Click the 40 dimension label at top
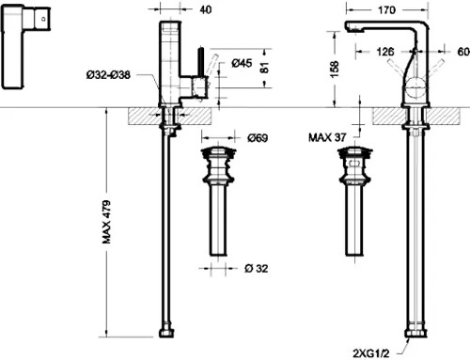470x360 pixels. click(206, 9)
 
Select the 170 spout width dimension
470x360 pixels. click(386, 10)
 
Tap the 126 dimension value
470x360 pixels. click(384, 52)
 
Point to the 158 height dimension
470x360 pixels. click(335, 70)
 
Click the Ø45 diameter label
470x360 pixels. click(242, 63)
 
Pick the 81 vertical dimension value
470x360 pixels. click(264, 68)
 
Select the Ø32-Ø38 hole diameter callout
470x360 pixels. click(108, 75)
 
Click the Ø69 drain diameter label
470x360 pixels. click(258, 138)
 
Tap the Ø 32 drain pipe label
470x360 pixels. click(256, 269)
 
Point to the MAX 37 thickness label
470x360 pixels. click(327, 137)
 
